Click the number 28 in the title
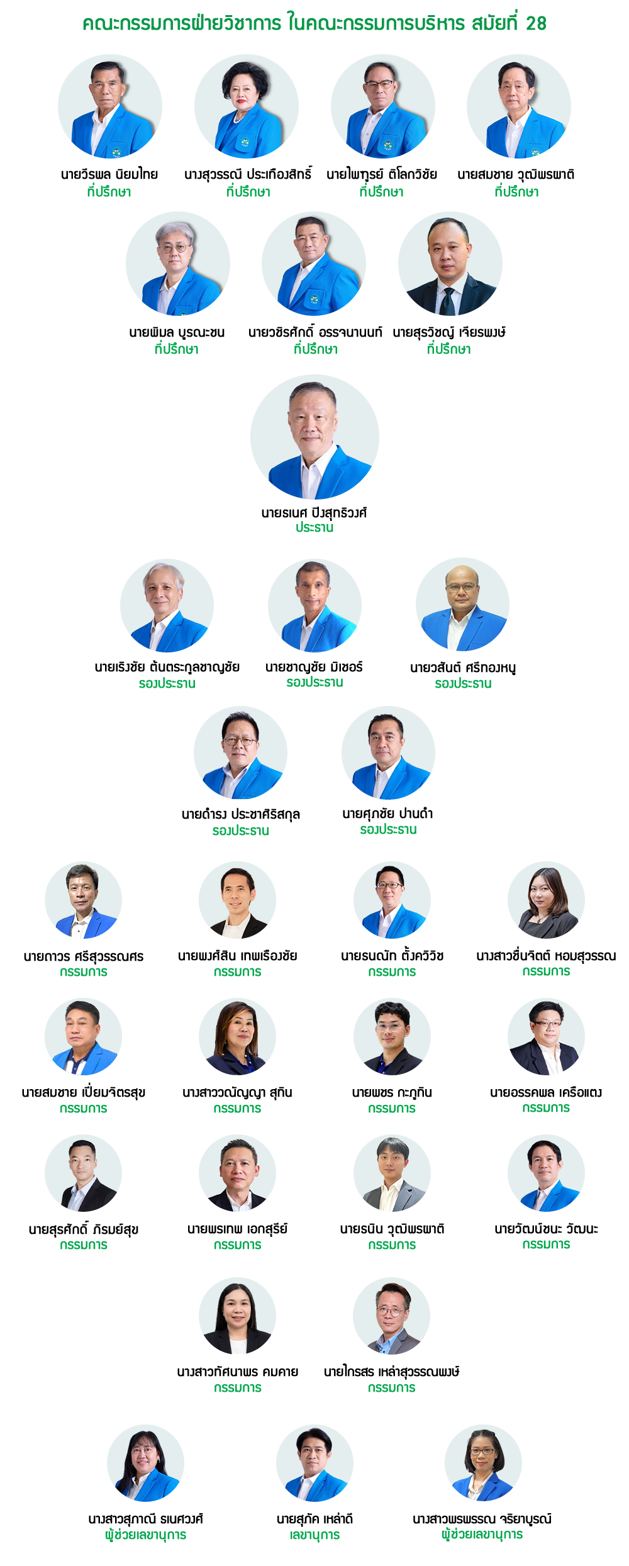535,23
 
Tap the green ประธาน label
314,527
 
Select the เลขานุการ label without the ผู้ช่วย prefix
315,1535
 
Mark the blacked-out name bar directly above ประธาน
314,513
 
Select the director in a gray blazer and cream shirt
392,1174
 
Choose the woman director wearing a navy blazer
237,1037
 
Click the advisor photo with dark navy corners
110,106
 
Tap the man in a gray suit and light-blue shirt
392,1321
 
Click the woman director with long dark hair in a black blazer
545,900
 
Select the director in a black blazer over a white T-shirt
237,900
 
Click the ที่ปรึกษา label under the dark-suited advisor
448,349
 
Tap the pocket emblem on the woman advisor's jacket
245,143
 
